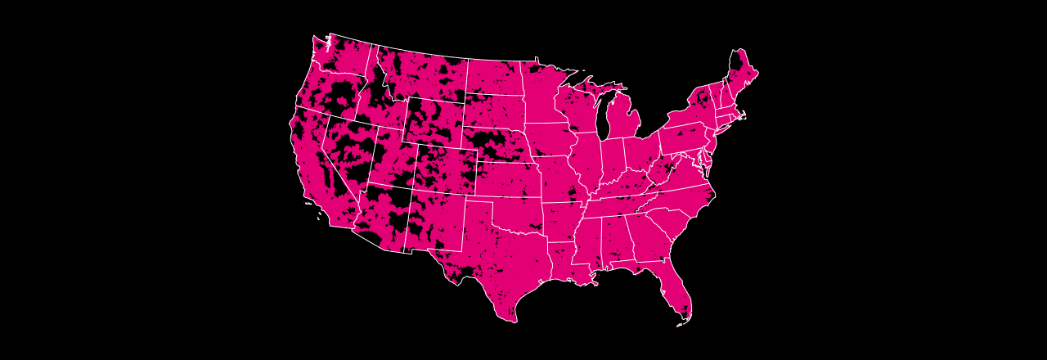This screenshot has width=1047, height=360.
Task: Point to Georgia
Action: [x=646, y=237]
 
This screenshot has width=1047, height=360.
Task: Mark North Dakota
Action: [x=494, y=78]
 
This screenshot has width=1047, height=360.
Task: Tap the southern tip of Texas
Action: [x=513, y=317]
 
